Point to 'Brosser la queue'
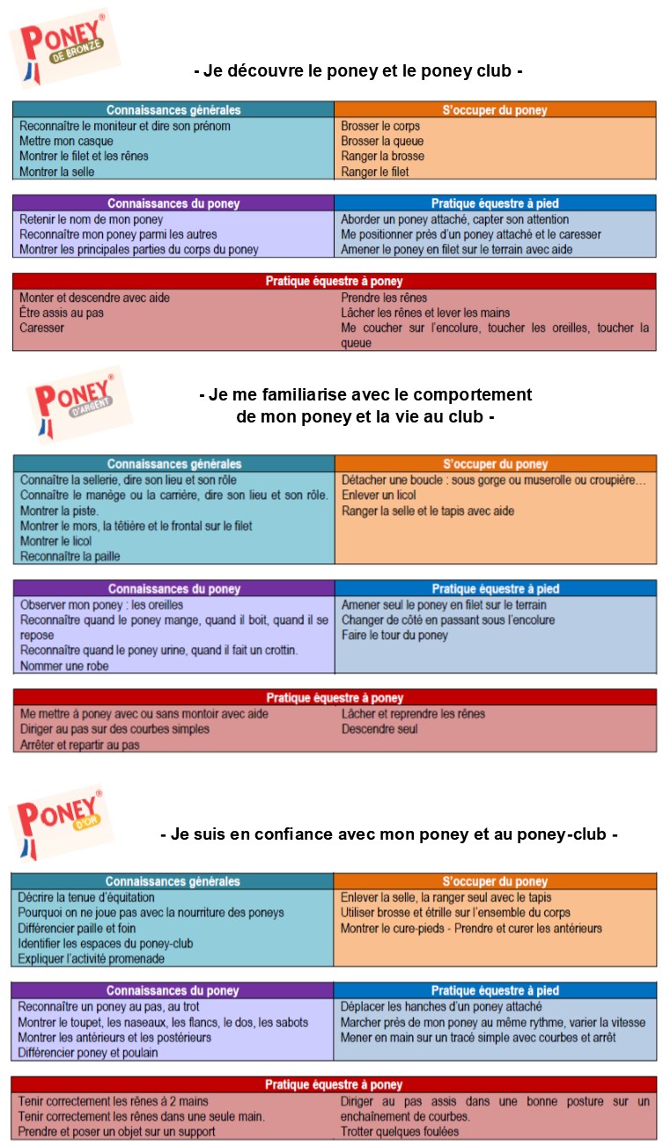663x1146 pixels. [382, 141]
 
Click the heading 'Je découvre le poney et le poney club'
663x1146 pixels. [358, 70]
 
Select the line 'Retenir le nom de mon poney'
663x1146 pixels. [92, 219]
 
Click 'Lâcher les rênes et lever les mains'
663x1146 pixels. [425, 312]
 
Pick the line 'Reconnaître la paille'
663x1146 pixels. [70, 556]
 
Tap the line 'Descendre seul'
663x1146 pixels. [379, 729]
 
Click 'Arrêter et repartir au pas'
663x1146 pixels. [80, 745]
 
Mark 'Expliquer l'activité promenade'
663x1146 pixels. [93, 959]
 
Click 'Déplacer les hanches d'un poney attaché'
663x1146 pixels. [441, 1006]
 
